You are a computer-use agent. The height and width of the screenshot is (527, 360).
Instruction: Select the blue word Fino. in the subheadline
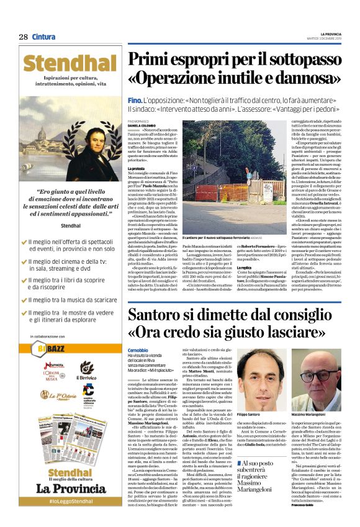click(x=135, y=99)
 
